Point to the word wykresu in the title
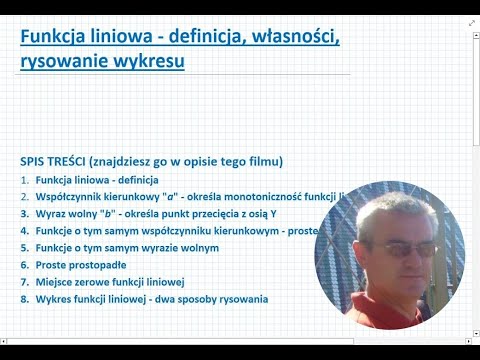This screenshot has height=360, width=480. pyautogui.click(x=150, y=61)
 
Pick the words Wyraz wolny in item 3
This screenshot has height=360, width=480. pyautogui.click(x=67, y=214)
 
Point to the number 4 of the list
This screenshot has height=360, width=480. pyautogui.click(x=23, y=231)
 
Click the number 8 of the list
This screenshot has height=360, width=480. pyautogui.click(x=23, y=299)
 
